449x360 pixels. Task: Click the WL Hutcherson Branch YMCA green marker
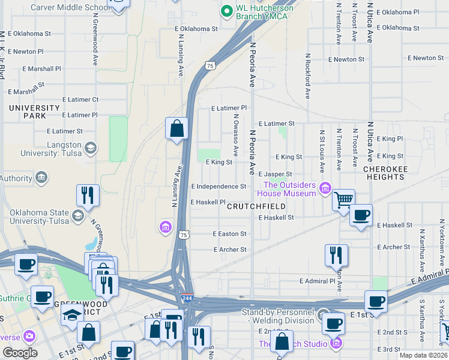click(227, 11)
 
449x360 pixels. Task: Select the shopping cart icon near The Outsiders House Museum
click(343, 199)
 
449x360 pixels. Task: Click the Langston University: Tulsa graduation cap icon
click(90, 148)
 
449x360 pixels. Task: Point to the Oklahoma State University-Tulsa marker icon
click(78, 215)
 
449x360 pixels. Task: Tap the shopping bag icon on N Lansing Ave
click(177, 128)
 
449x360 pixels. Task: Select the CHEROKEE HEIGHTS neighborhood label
click(384, 173)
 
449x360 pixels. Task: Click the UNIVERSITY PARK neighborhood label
click(35, 112)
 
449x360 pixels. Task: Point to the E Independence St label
click(218, 187)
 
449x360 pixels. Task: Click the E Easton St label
click(229, 234)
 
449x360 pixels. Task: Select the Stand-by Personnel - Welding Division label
click(278, 316)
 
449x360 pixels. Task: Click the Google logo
click(19, 353)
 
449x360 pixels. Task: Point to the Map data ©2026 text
click(423, 355)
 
